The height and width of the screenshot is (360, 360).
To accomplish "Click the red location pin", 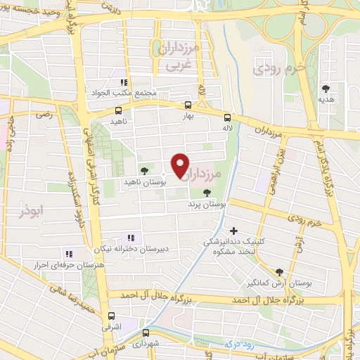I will coord(181,166).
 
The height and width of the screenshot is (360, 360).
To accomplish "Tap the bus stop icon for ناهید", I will coord(118,110).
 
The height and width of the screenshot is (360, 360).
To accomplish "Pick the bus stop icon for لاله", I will coord(227,117).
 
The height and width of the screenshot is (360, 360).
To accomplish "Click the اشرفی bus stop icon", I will coord(111,316).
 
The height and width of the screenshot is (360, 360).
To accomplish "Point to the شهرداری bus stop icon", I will coord(146,333).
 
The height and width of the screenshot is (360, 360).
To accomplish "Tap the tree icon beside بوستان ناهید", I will coord(144,170).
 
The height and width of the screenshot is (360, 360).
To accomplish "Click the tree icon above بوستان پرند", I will coord(206,192).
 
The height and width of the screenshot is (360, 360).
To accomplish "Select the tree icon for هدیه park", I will coord(325,88).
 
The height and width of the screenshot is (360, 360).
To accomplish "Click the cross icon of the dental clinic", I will coord(233,230).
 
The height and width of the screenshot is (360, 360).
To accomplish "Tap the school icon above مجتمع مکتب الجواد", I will coord(124,82).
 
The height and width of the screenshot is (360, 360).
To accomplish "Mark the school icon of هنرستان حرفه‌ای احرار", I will coord(68,254).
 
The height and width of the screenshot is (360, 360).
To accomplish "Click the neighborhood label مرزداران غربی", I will coord(179,58).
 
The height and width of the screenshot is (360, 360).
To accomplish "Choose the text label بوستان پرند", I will coord(206,204).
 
